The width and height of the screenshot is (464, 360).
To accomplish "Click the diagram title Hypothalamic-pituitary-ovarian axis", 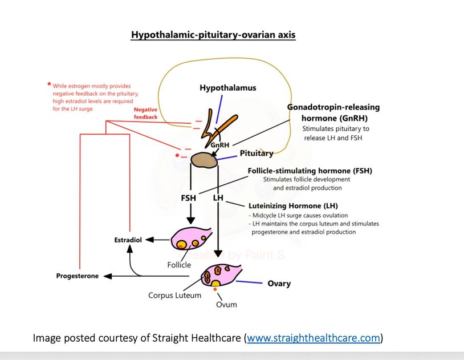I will [213, 35].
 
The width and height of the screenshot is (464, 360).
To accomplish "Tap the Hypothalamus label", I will [227, 88].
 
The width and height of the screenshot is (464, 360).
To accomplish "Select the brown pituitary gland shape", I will [204, 160].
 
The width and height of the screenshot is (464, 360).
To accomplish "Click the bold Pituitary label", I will [257, 153].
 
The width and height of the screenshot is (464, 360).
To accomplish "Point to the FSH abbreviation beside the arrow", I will [189, 198].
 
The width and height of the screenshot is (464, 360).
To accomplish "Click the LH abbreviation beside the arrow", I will [218, 198].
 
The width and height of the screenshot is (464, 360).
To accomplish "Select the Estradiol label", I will [128, 240].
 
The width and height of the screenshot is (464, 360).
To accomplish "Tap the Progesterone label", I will [77, 276].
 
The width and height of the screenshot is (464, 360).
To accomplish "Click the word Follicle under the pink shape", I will [179, 265].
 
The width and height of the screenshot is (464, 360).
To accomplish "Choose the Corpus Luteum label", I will [175, 296].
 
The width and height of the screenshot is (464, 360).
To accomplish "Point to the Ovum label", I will [226, 304].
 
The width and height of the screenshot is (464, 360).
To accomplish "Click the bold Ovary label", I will [279, 284].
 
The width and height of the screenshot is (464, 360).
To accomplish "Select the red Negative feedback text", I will [145, 113].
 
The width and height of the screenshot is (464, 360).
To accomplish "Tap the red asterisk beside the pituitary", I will [178, 155].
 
